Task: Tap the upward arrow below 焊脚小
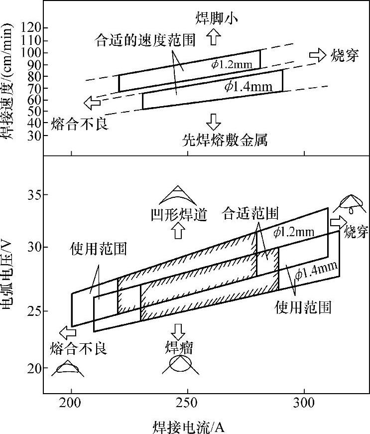pyautogui.click(x=214, y=36)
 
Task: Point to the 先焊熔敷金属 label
pyautogui.click(x=225, y=141)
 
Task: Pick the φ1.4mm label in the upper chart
pyautogui.click(x=248, y=86)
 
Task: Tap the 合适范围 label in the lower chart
pyautogui.click(x=250, y=213)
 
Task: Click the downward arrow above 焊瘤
pyautogui.click(x=178, y=330)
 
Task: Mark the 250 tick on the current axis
pyautogui.click(x=187, y=402)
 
